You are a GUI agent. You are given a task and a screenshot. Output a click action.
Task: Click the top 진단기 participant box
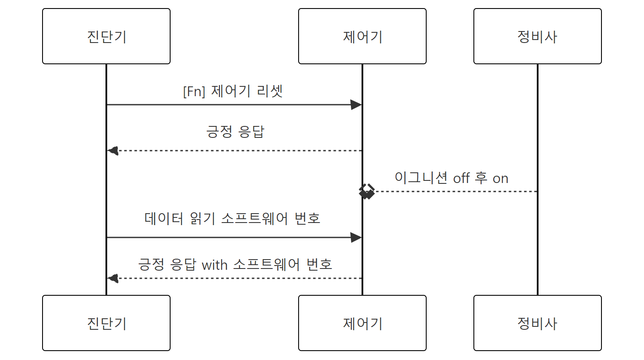pos(106,36)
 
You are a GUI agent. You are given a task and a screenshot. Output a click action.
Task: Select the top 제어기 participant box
pos(362,36)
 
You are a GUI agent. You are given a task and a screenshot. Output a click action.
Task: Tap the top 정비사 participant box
pos(538,36)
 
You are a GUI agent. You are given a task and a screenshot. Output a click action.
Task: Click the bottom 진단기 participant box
pos(106,323)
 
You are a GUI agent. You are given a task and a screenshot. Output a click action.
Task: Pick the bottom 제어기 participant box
pos(362,323)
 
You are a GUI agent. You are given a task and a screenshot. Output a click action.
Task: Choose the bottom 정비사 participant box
pos(538,323)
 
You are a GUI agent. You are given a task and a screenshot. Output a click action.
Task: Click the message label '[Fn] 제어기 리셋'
pos(233,91)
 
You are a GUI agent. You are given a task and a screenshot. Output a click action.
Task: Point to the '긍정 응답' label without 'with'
pos(235,131)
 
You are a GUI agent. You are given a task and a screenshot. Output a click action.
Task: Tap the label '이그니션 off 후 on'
pos(451,178)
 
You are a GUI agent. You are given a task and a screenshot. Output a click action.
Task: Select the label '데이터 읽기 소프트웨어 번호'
pos(232,218)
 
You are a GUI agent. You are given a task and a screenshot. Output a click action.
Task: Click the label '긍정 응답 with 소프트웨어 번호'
pos(235,265)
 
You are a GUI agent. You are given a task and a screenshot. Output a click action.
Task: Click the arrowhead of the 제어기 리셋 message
pos(356,105)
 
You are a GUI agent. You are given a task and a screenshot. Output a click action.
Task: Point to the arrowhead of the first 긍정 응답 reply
pos(113,151)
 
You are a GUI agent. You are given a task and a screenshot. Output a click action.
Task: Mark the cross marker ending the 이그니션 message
pos(367,191)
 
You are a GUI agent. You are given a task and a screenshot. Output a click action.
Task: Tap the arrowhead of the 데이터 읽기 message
pos(356,237)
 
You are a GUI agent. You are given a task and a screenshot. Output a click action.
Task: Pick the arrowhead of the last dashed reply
pos(113,278)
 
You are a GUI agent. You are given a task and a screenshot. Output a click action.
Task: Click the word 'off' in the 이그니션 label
pos(462,178)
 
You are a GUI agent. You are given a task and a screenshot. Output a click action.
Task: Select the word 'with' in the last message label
pos(214,265)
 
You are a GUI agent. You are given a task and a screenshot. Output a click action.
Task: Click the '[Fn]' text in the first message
pos(194,91)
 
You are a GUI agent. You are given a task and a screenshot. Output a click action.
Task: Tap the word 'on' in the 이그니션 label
pos(501,179)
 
